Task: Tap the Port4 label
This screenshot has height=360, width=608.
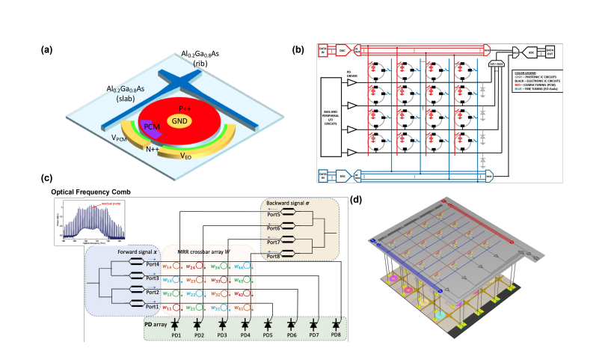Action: (x=153, y=264)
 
